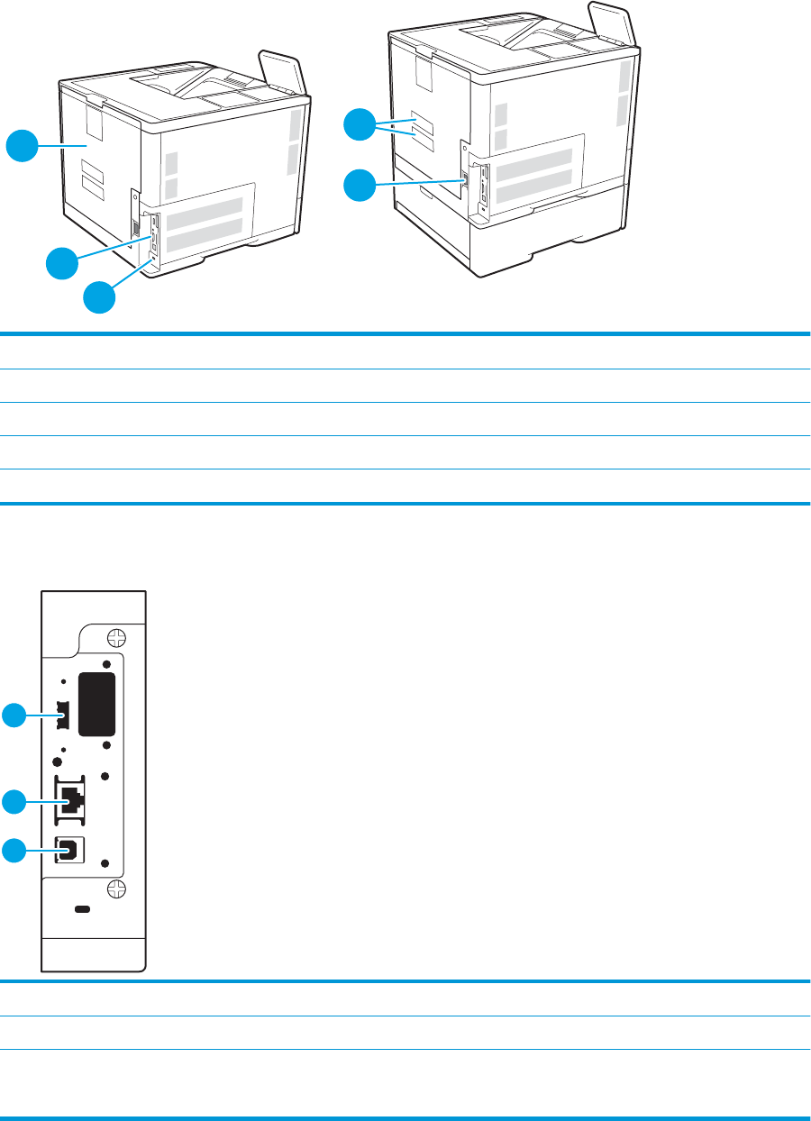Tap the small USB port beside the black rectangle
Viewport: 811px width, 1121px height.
coord(62,716)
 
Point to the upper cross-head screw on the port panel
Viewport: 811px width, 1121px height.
coord(115,637)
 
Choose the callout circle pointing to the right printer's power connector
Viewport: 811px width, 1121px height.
coord(361,186)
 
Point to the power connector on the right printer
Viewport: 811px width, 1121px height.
coord(465,179)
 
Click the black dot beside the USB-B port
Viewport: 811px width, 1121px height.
coord(105,863)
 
